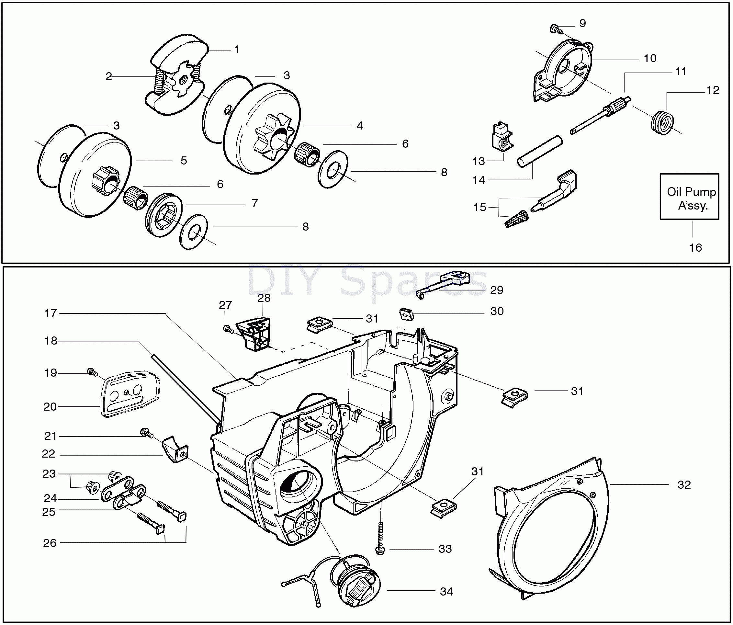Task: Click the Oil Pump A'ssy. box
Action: [x=689, y=197]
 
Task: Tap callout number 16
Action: [x=695, y=248]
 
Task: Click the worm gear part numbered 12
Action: [x=662, y=122]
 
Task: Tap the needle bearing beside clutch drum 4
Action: [x=307, y=154]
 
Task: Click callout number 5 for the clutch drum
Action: [x=184, y=161]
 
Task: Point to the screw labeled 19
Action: [x=92, y=372]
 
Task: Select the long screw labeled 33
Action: [x=380, y=538]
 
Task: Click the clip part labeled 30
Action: [x=406, y=314]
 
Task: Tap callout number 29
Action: [x=496, y=290]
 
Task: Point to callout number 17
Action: [x=50, y=313]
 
